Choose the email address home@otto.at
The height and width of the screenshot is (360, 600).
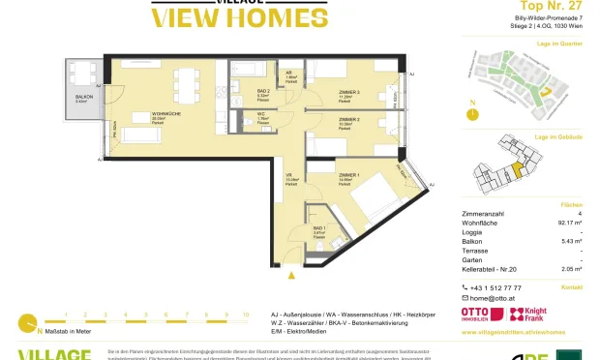click(x=493, y=301)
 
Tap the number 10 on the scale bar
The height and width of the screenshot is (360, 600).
click(x=246, y=315)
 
